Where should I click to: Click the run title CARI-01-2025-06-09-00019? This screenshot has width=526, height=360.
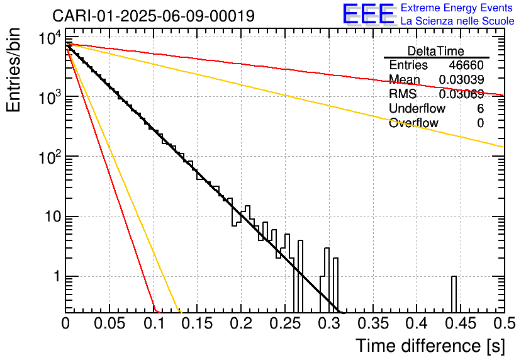(x=154, y=16)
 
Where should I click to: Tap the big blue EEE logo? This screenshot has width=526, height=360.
(x=369, y=14)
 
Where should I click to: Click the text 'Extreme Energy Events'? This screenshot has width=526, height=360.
(x=457, y=8)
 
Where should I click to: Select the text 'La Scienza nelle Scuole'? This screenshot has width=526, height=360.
(x=457, y=21)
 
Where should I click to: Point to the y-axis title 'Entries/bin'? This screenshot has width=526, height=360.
(x=13, y=70)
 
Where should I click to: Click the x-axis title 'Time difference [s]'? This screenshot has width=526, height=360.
(x=430, y=346)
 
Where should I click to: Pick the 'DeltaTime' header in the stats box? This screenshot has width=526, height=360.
(x=436, y=51)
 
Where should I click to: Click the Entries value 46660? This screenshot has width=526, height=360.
(x=466, y=65)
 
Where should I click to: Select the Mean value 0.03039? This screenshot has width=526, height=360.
(x=462, y=79)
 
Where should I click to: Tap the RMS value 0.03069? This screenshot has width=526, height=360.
(x=462, y=94)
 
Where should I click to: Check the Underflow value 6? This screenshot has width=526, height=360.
(x=480, y=108)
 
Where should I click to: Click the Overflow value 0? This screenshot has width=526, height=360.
(x=480, y=123)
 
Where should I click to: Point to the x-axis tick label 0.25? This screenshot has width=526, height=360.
(x=285, y=323)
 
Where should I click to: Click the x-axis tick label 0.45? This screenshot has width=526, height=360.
(x=461, y=323)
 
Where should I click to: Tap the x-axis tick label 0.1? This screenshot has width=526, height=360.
(x=154, y=323)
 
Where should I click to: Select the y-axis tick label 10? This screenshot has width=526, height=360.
(x=53, y=217)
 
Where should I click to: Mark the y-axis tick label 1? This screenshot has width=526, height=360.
(x=57, y=277)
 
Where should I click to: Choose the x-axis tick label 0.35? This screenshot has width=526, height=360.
(x=373, y=323)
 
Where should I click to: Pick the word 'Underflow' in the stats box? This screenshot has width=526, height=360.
(x=417, y=108)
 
